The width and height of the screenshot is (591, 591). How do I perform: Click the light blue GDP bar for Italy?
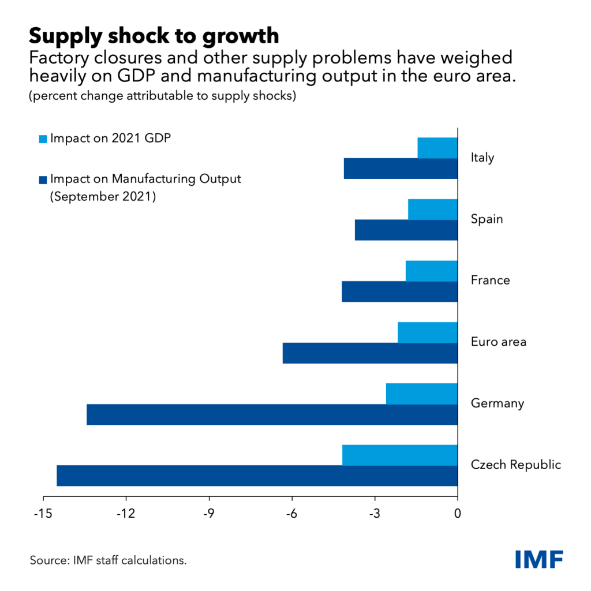tap(437, 148)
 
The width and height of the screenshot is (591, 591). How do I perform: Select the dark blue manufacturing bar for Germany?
tap(272, 414)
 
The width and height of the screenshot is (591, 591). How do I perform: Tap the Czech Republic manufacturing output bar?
tap(257, 476)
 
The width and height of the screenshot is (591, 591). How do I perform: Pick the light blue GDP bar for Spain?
tap(432, 209)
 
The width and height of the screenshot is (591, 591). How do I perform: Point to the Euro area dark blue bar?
tap(370, 353)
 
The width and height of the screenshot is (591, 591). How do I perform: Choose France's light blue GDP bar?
tap(431, 271)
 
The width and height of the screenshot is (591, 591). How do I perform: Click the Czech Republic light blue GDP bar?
tap(399, 455)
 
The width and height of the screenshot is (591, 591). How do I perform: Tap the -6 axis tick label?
tap(291, 513)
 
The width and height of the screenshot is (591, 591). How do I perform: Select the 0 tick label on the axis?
tap(458, 513)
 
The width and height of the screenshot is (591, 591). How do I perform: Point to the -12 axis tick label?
tap(126, 513)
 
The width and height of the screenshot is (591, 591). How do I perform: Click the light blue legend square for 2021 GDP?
tap(43, 139)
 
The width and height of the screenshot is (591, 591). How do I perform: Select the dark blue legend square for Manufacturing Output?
tap(43, 180)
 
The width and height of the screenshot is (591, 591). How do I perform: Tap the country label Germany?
tap(498, 403)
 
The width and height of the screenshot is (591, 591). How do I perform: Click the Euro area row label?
tap(498, 342)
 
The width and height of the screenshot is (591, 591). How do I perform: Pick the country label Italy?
tap(482, 158)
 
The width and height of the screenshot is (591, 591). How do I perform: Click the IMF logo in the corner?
tap(539, 559)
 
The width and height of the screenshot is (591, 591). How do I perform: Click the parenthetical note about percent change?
tap(162, 96)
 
